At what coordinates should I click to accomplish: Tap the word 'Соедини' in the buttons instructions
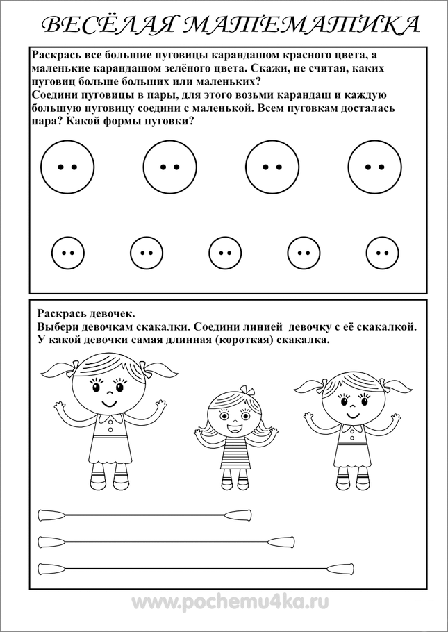click(x=58, y=95)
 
